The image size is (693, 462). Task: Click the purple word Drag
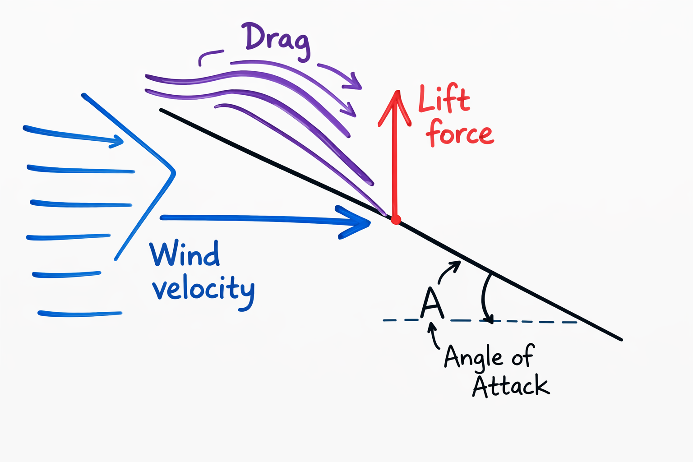[276, 40]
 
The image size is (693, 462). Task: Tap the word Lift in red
[444, 99]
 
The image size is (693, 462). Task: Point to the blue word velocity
[203, 290]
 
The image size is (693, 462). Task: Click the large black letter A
[432, 303]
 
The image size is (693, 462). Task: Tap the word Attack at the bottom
[511, 386]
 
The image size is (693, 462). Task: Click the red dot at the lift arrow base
[396, 220]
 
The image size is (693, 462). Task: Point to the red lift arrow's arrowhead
[396, 97]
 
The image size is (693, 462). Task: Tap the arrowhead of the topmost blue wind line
[118, 141]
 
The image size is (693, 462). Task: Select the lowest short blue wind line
[80, 314]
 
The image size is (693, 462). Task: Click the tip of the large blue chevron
[174, 172]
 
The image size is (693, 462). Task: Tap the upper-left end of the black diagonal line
[162, 110]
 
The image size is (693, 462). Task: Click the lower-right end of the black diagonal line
[621, 339]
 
